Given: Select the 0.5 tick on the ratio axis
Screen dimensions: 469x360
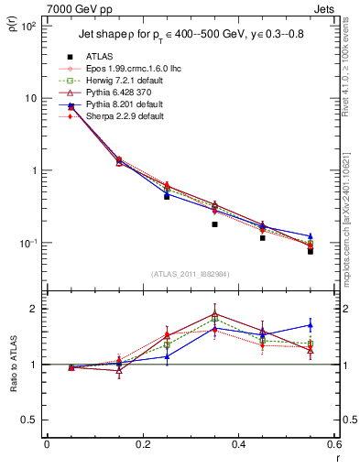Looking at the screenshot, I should coord(27,420).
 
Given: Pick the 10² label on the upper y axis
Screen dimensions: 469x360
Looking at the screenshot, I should coord(27,27).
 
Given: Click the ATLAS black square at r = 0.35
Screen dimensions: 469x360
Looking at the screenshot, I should coord(214,224).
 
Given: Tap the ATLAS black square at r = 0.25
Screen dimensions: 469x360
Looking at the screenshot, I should coord(167,196).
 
